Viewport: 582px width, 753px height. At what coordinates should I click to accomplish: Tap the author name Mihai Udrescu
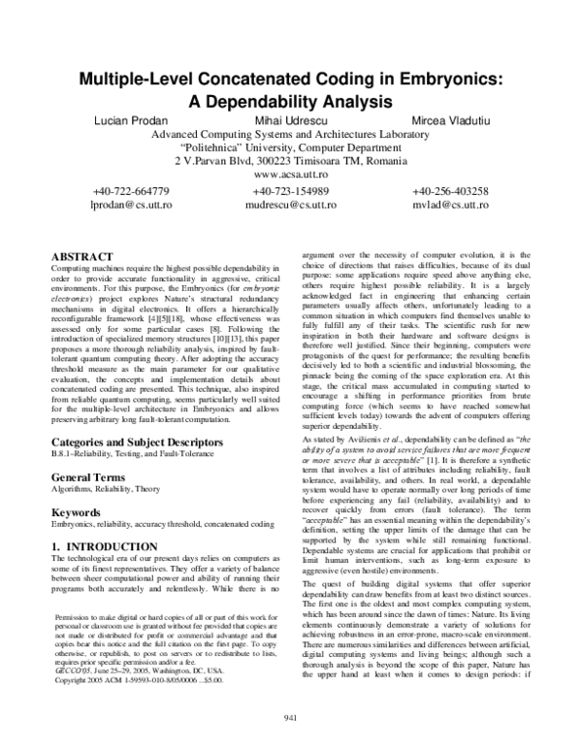click(x=288, y=119)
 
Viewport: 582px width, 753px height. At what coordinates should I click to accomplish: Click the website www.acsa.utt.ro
click(x=288, y=175)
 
